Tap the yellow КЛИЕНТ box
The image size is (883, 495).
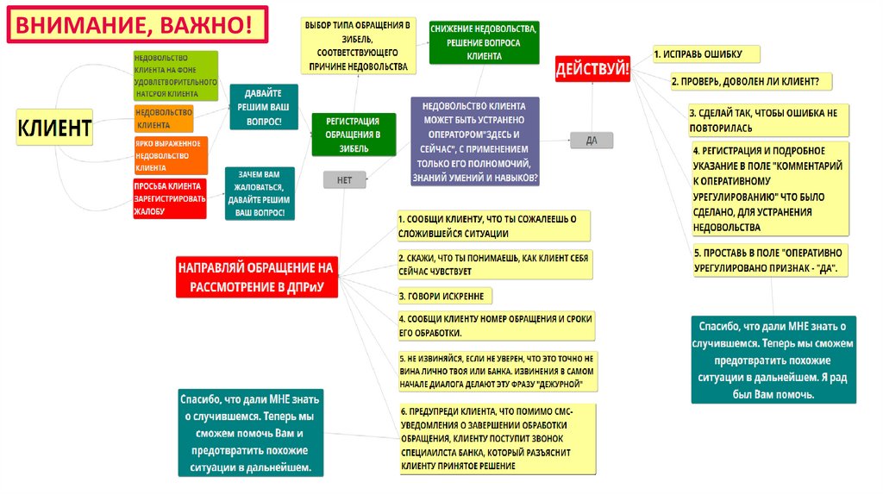(55, 128)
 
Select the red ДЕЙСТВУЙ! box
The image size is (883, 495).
(592, 68)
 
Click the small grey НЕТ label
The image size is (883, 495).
(344, 179)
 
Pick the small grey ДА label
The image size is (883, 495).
(592, 139)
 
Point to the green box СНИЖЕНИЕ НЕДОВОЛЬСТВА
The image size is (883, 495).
(484, 42)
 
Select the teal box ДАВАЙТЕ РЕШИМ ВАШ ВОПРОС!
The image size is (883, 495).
(264, 107)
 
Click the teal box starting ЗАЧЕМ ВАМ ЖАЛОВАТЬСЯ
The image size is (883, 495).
(260, 193)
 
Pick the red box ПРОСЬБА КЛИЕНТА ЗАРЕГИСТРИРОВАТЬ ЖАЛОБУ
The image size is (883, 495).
(169, 198)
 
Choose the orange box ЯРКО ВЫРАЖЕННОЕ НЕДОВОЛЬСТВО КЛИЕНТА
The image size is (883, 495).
(170, 156)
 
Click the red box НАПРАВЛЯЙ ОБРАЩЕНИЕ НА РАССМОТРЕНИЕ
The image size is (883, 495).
(256, 277)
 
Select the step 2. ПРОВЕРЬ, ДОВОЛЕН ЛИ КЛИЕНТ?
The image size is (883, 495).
(750, 81)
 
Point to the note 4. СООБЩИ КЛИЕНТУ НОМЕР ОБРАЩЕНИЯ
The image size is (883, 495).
(496, 325)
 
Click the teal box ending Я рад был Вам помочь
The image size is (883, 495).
(773, 360)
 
